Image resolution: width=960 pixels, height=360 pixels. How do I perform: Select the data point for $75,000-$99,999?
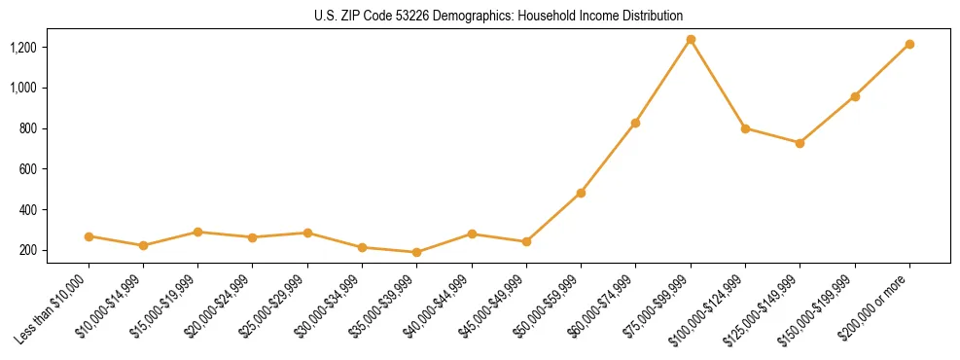click(x=691, y=40)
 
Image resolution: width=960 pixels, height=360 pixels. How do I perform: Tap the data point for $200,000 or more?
click(x=909, y=44)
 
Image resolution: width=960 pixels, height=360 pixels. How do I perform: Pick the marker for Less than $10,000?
click(x=89, y=236)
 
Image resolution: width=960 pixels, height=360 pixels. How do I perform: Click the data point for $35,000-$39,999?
click(x=417, y=252)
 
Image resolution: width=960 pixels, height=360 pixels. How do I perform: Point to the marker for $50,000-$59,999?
click(x=581, y=193)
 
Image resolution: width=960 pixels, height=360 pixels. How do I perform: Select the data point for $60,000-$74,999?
click(x=636, y=123)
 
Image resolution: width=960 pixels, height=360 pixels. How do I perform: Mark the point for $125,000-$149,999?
click(x=800, y=143)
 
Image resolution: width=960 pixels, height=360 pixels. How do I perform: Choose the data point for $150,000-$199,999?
click(x=855, y=96)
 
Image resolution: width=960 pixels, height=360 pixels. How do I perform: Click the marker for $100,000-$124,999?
click(x=745, y=128)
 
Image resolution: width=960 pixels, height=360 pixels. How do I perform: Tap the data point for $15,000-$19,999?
click(x=198, y=232)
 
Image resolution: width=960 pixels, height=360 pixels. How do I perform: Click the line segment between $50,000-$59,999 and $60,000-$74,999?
click(x=609, y=158)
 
